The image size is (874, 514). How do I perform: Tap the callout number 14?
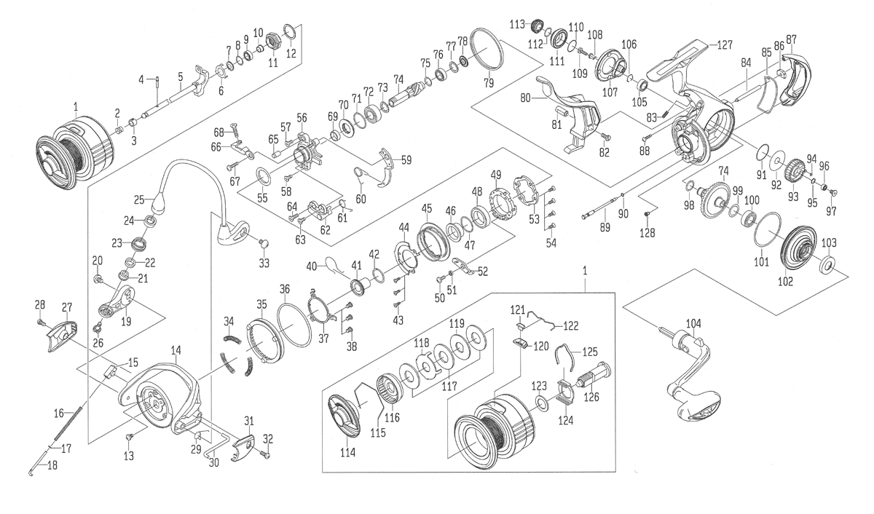coord(176,351)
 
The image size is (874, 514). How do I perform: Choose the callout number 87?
coord(791,39)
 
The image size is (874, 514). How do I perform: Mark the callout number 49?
coord(496,174)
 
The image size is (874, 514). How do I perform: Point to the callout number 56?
coord(302,118)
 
